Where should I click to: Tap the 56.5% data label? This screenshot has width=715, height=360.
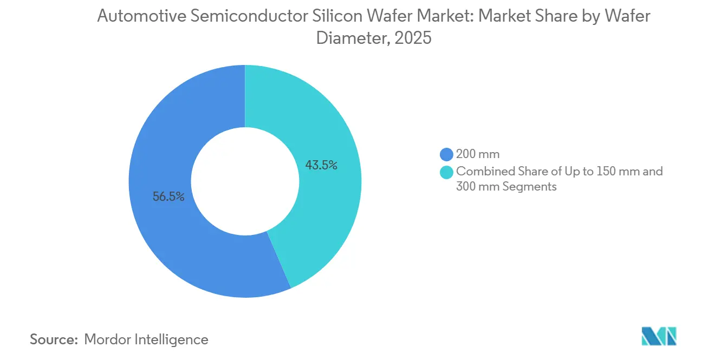pos(168,197)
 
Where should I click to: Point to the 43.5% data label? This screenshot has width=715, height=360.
pos(321,166)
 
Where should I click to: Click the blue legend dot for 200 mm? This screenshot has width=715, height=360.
pos(446,155)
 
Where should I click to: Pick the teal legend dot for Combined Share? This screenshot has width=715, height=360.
pos(446,172)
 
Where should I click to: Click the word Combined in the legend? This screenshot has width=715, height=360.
pos(481,172)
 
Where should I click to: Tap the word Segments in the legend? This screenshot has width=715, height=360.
pos(531,187)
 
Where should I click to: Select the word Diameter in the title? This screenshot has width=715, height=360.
pos(342,38)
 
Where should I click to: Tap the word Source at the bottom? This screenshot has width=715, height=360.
pos(54,339)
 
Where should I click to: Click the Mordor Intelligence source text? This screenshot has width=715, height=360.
pos(146,339)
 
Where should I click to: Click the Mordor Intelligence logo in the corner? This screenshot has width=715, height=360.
pos(659,336)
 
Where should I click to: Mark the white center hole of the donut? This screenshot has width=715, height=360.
pos(245,181)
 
